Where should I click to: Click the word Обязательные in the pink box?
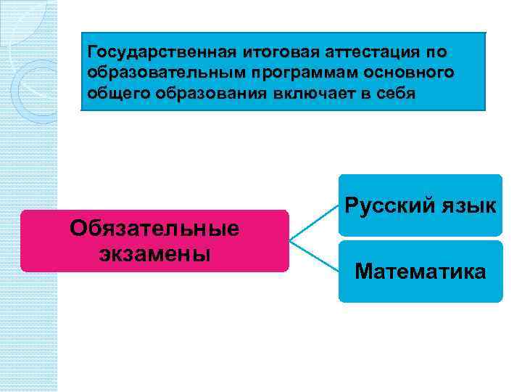coord(154,229)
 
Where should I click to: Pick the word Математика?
coord(420,272)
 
